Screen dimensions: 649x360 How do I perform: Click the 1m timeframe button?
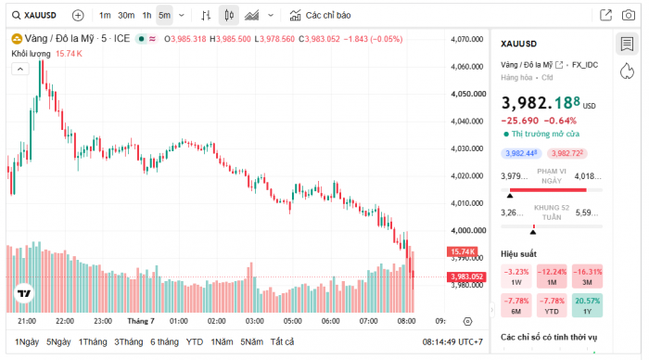click(x=105, y=16)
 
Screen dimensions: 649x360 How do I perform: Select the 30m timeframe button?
click(x=126, y=16)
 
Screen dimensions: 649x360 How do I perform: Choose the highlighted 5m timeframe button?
click(x=164, y=16)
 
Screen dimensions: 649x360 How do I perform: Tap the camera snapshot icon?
click(x=629, y=16)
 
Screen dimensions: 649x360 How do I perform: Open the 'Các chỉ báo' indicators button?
click(x=320, y=16)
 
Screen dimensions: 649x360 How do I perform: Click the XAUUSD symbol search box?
click(x=34, y=16)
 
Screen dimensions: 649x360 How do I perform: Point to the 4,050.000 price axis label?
click(x=468, y=94)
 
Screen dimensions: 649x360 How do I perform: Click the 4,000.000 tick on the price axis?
click(x=468, y=230)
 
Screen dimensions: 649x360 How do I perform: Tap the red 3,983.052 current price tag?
click(x=466, y=276)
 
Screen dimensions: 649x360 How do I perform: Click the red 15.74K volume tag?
click(x=463, y=251)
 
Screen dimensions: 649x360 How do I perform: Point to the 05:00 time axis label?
click(x=293, y=321)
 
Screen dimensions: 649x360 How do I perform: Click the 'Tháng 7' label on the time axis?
click(x=141, y=321)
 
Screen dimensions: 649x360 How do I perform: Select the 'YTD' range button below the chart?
click(x=195, y=341)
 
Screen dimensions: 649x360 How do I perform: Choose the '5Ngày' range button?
click(x=58, y=341)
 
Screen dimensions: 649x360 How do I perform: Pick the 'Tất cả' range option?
click(x=282, y=341)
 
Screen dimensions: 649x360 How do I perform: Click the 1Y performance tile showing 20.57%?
click(x=587, y=305)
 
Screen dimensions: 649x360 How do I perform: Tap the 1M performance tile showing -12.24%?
click(x=552, y=276)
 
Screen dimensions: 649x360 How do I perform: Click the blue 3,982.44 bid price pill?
click(x=521, y=153)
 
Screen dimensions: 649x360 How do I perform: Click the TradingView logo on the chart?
click(x=24, y=293)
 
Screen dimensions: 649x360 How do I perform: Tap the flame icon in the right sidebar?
click(x=627, y=71)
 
